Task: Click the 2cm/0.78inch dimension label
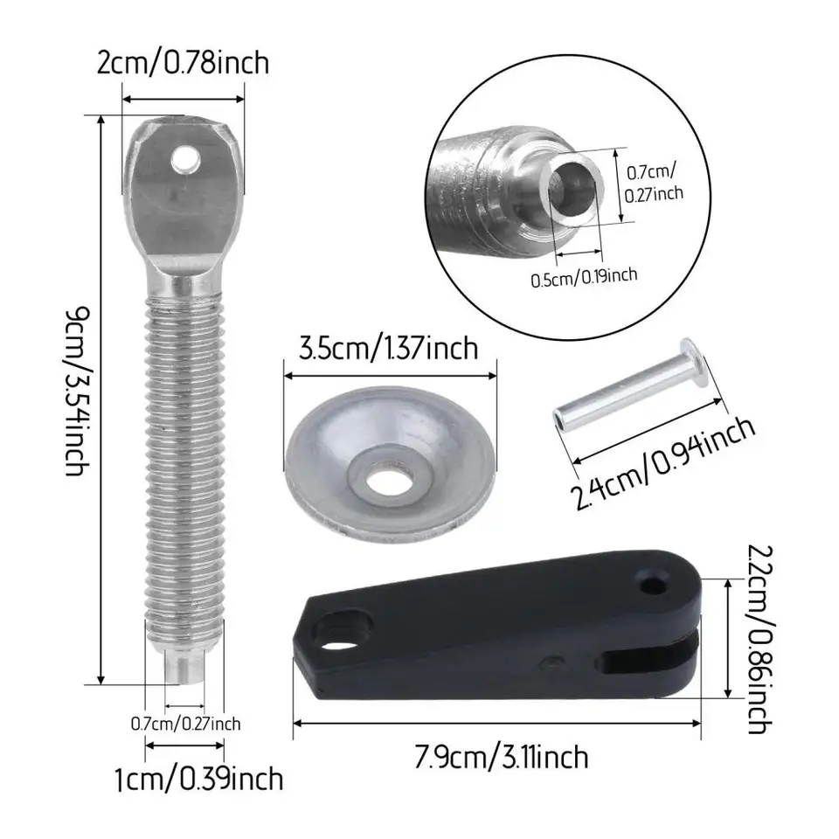pyautogui.click(x=183, y=63)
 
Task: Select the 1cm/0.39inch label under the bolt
pyautogui.click(x=199, y=779)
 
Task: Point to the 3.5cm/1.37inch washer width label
pyautogui.click(x=388, y=349)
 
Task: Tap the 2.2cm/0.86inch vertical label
pyautogui.click(x=759, y=639)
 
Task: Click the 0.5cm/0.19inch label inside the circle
pyautogui.click(x=584, y=277)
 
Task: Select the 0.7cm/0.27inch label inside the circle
pyautogui.click(x=654, y=182)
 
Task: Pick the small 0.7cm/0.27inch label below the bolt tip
pyautogui.click(x=185, y=724)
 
